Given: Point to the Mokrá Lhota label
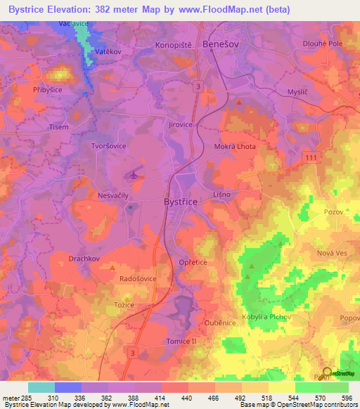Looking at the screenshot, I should tap(235, 146).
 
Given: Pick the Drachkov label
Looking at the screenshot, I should tap(86, 259).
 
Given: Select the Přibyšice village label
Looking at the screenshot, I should tap(29, 91).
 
